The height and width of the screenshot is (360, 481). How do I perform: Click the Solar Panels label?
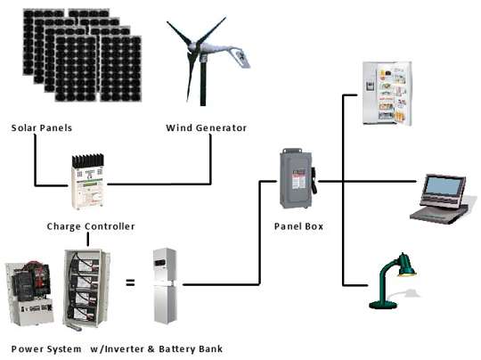tap(40, 127)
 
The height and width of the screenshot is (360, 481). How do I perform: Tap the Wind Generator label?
tap(206, 127)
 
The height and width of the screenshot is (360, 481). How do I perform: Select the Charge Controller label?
tap(91, 226)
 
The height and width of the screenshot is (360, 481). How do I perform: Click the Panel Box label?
tap(298, 226)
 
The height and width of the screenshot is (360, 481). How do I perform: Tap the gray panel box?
tap(297, 179)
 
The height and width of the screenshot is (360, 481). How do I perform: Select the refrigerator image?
tap(387, 93)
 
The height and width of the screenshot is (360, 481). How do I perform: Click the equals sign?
tap(130, 282)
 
